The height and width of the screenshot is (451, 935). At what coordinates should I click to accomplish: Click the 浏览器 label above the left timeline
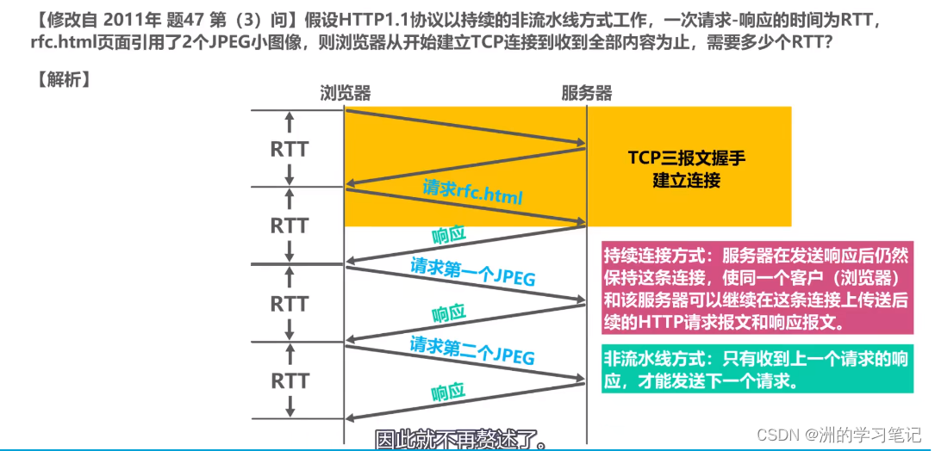click(345, 93)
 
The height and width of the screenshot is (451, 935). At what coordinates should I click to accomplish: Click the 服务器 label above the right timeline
click(587, 93)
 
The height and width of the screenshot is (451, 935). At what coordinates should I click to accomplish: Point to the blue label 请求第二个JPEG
click(472, 350)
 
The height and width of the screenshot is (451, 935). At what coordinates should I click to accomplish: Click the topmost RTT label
click(289, 149)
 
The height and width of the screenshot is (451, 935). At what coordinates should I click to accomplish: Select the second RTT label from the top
click(289, 225)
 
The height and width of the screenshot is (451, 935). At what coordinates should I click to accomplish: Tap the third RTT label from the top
click(289, 304)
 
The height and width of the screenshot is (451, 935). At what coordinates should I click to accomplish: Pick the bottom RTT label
click(289, 380)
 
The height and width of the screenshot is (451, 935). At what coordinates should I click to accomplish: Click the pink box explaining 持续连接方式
click(757, 289)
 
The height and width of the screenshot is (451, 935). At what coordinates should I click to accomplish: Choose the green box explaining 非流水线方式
click(757, 369)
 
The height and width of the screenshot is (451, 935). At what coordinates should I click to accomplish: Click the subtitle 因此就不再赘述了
click(461, 440)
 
